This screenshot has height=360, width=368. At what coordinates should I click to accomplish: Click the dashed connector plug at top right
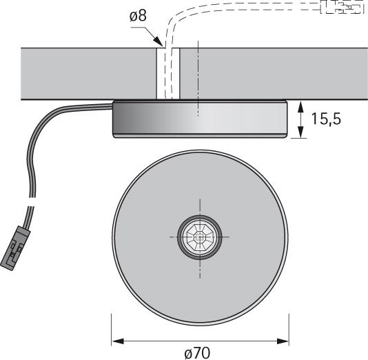click(x=343, y=8)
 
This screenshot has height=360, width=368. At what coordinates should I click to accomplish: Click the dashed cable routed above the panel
click(x=227, y=10)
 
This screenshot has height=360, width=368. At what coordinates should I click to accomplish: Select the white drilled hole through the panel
click(x=168, y=73)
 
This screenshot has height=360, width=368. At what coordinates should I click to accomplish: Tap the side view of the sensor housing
click(x=200, y=119)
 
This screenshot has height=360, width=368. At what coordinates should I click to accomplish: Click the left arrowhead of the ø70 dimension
click(x=116, y=340)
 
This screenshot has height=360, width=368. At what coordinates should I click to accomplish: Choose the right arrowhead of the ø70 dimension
click(x=283, y=340)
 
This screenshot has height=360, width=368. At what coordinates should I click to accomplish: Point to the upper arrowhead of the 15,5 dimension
click(x=301, y=105)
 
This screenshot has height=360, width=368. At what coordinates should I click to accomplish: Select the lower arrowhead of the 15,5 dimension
click(x=301, y=132)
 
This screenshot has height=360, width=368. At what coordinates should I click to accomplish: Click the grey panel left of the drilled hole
click(x=83, y=73)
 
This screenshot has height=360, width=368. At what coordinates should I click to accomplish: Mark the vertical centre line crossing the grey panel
click(x=198, y=73)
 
